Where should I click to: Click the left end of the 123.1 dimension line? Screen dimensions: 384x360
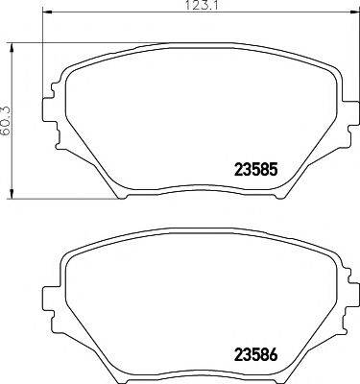coord(46,18)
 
